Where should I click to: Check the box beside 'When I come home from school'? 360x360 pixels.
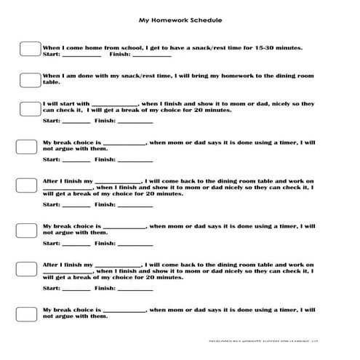pyautogui.click(x=29, y=49)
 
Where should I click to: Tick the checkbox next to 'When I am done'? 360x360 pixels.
pyautogui.click(x=29, y=78)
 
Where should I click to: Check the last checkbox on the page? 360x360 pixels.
pyautogui.click(x=28, y=315)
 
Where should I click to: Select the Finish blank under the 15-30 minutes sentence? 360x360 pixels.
pyautogui.click(x=151, y=55)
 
